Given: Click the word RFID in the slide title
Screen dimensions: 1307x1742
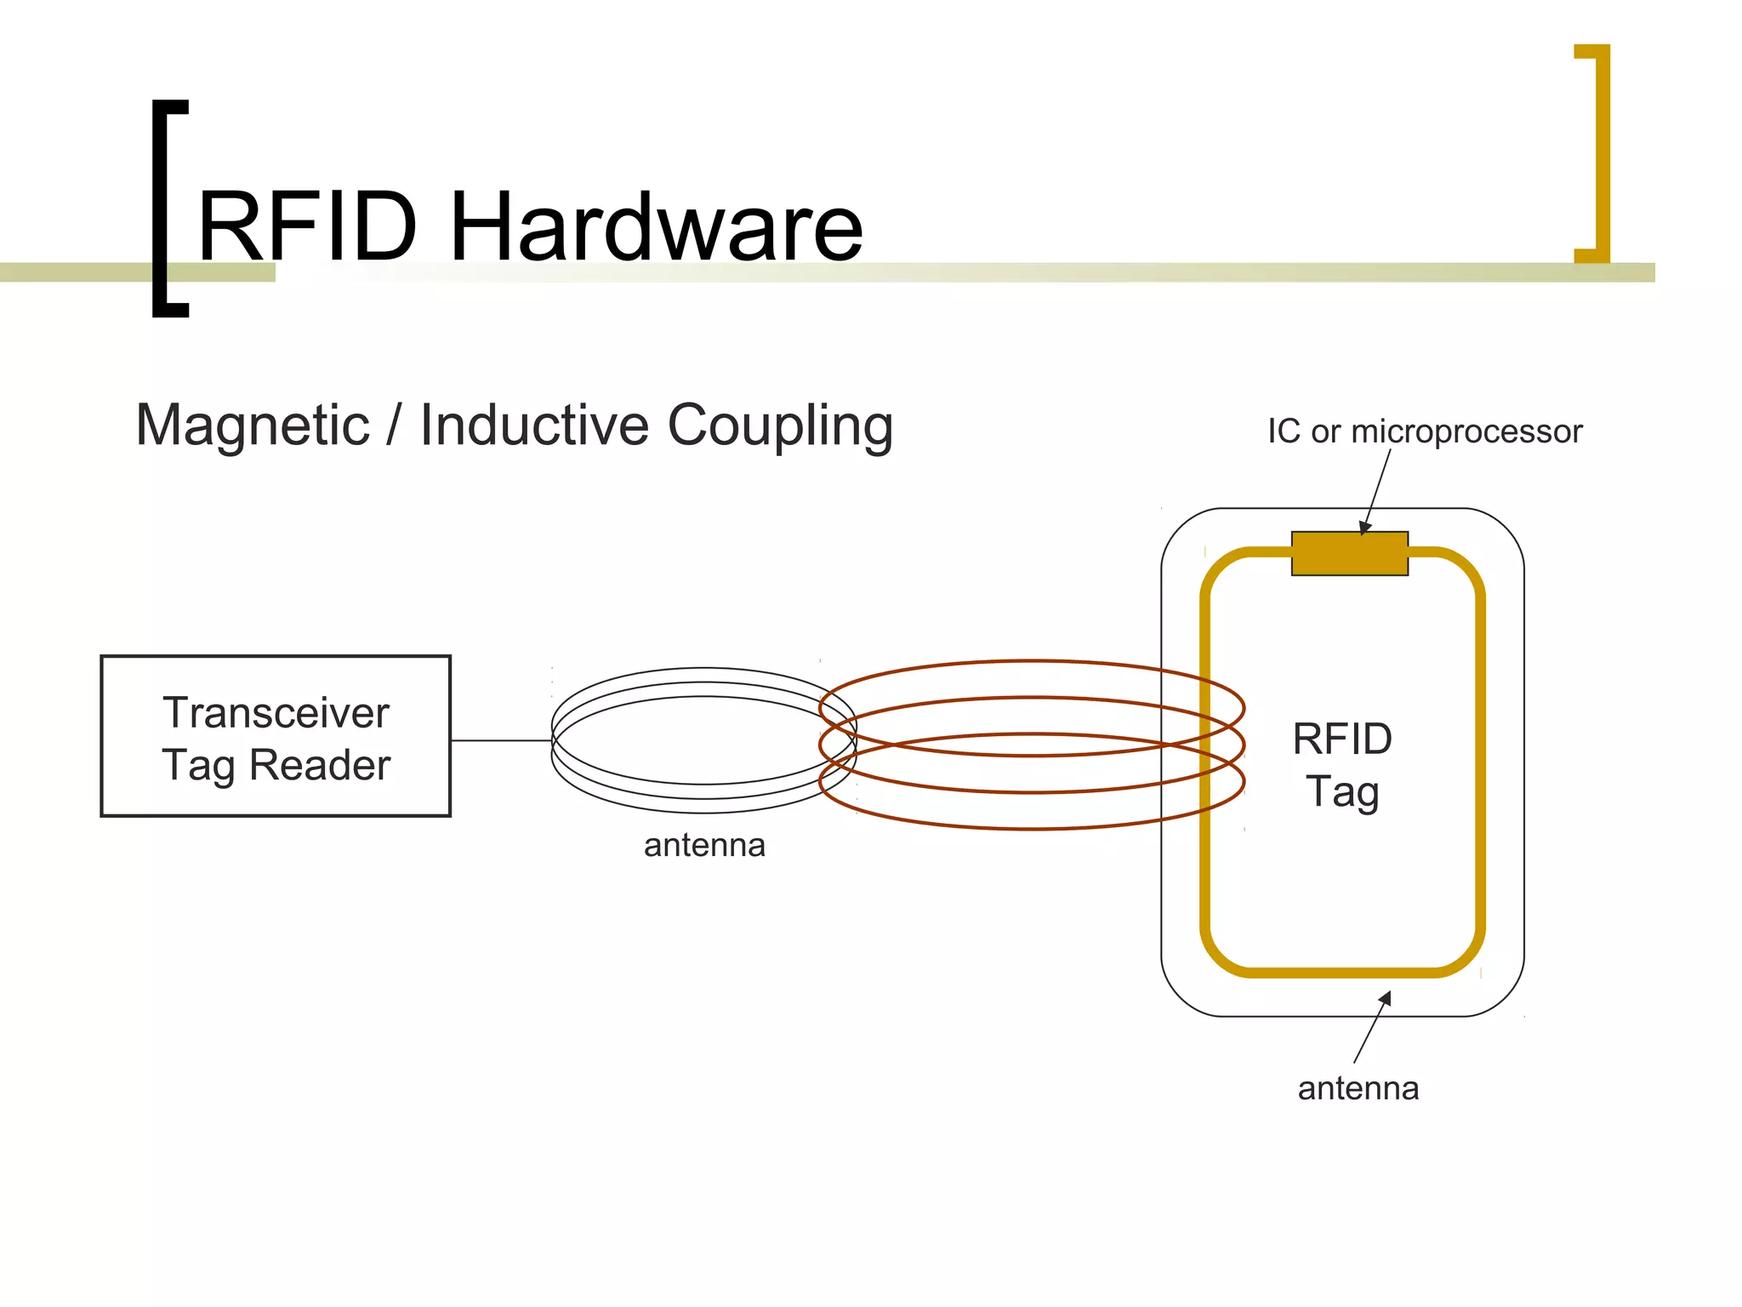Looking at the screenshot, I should coord(308,227).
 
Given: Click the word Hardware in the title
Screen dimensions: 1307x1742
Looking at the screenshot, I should coord(656,227).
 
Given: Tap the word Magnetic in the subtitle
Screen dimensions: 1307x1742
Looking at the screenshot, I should coord(253,425).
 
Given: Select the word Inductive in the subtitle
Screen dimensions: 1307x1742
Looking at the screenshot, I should coord(535,425).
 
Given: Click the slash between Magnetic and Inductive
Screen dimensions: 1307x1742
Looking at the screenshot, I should coord(394,425).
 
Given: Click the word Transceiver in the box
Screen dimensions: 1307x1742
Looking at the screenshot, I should coord(276,712).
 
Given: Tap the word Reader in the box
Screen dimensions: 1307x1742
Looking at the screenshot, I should coord(320,764).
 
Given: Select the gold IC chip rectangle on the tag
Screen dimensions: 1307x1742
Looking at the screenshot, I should coord(1349,554).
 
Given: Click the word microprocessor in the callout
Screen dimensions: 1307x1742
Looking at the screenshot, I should coord(1466,431).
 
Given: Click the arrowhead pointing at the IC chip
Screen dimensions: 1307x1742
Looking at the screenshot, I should coord(1364,528).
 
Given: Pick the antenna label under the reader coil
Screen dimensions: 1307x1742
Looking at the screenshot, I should coord(704,846).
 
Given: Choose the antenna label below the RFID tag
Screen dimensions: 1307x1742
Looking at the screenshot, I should coord(1358,1088).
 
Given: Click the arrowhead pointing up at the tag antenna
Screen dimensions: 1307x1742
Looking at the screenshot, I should coord(1386,998).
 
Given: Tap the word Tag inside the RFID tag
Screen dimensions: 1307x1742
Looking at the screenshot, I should coord(1342,792).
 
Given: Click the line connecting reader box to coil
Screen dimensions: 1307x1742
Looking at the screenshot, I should coord(501,740).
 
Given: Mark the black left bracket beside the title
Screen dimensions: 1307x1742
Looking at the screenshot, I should coord(168,208).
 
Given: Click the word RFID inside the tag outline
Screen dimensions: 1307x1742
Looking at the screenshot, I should coord(1342,739).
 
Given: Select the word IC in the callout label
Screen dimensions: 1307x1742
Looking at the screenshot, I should coord(1284,431).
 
